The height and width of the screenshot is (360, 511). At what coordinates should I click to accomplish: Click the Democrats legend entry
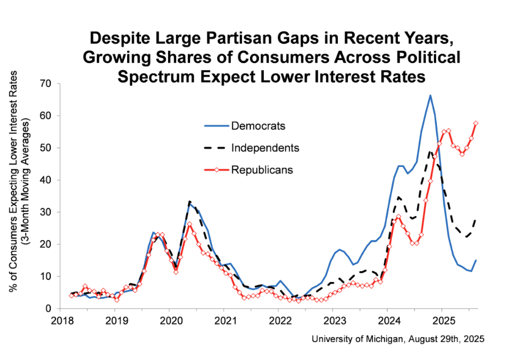click(258, 126)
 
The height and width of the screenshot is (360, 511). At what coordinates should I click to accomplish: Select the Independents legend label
click(265, 148)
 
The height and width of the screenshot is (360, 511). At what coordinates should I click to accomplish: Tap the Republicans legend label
click(262, 170)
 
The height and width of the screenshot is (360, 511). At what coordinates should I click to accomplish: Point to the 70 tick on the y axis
click(45, 83)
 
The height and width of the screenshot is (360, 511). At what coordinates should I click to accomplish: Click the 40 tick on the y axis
click(45, 180)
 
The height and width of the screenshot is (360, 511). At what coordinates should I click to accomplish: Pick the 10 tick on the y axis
click(45, 277)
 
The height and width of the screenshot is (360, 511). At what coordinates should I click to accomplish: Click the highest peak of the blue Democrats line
click(430, 95)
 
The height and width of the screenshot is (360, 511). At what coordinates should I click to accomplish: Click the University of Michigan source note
click(398, 339)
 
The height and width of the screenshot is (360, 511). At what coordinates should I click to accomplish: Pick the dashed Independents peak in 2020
click(189, 201)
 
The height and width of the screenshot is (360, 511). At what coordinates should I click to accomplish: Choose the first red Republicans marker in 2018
click(72, 296)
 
